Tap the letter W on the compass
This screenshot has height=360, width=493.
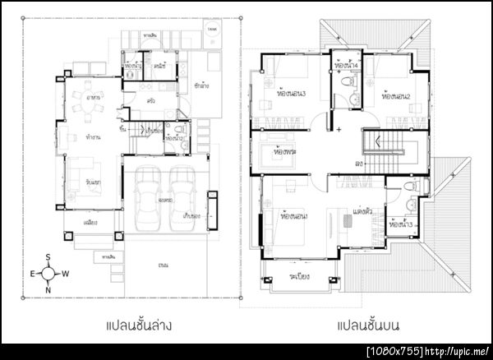tap(65, 274)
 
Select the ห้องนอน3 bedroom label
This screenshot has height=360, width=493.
tap(292, 94)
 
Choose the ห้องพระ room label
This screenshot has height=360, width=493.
tap(285, 154)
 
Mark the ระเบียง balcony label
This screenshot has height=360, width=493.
tap(298, 276)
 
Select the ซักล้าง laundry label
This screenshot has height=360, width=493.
tap(201, 85)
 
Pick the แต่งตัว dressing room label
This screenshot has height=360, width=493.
tap(362, 212)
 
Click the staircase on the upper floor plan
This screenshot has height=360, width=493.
tap(384, 145)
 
